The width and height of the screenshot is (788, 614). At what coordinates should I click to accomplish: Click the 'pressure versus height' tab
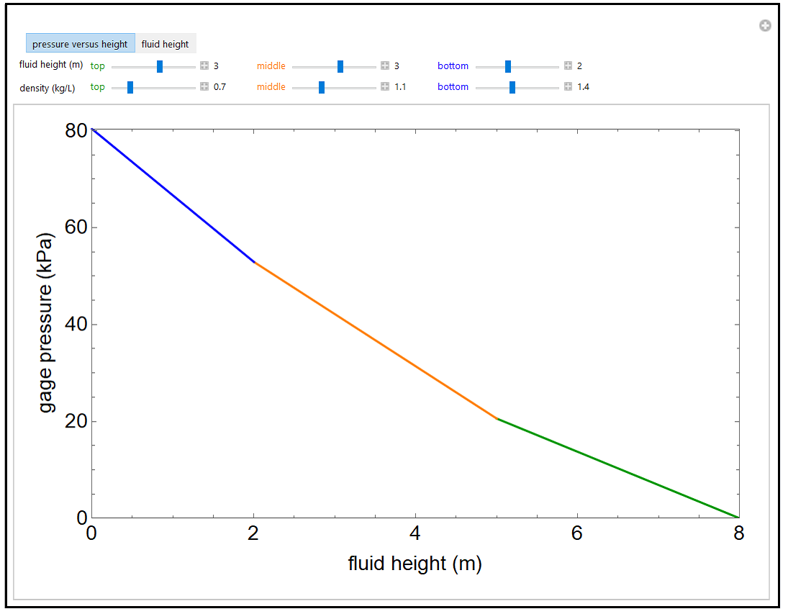[80, 44]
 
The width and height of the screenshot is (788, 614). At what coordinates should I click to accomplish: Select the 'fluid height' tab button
[165, 44]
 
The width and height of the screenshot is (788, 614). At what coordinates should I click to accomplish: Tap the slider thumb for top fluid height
[160, 66]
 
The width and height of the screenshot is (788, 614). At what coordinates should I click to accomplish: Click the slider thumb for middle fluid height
[340, 66]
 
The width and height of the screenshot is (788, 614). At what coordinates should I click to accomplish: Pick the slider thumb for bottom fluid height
[508, 66]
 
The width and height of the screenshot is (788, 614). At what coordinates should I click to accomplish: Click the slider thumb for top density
[130, 87]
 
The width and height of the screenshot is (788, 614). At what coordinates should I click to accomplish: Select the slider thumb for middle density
[322, 87]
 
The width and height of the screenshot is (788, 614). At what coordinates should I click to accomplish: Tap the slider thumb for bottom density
[512, 87]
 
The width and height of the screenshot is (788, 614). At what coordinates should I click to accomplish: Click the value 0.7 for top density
[219, 87]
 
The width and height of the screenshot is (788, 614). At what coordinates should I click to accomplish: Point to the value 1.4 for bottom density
[583, 87]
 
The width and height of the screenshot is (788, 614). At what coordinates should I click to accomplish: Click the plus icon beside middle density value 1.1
[385, 87]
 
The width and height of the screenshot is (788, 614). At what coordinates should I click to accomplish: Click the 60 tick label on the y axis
[76, 227]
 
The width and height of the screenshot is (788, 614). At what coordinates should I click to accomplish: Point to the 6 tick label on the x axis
[576, 533]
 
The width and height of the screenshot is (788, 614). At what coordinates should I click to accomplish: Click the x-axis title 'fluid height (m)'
[415, 563]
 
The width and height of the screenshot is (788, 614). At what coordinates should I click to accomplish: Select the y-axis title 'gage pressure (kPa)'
[46, 322]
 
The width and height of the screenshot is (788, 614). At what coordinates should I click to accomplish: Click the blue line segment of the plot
[173, 196]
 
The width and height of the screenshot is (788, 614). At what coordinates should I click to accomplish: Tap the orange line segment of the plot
[374, 340]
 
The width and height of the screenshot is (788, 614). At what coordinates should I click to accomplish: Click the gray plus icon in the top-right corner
[765, 26]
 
